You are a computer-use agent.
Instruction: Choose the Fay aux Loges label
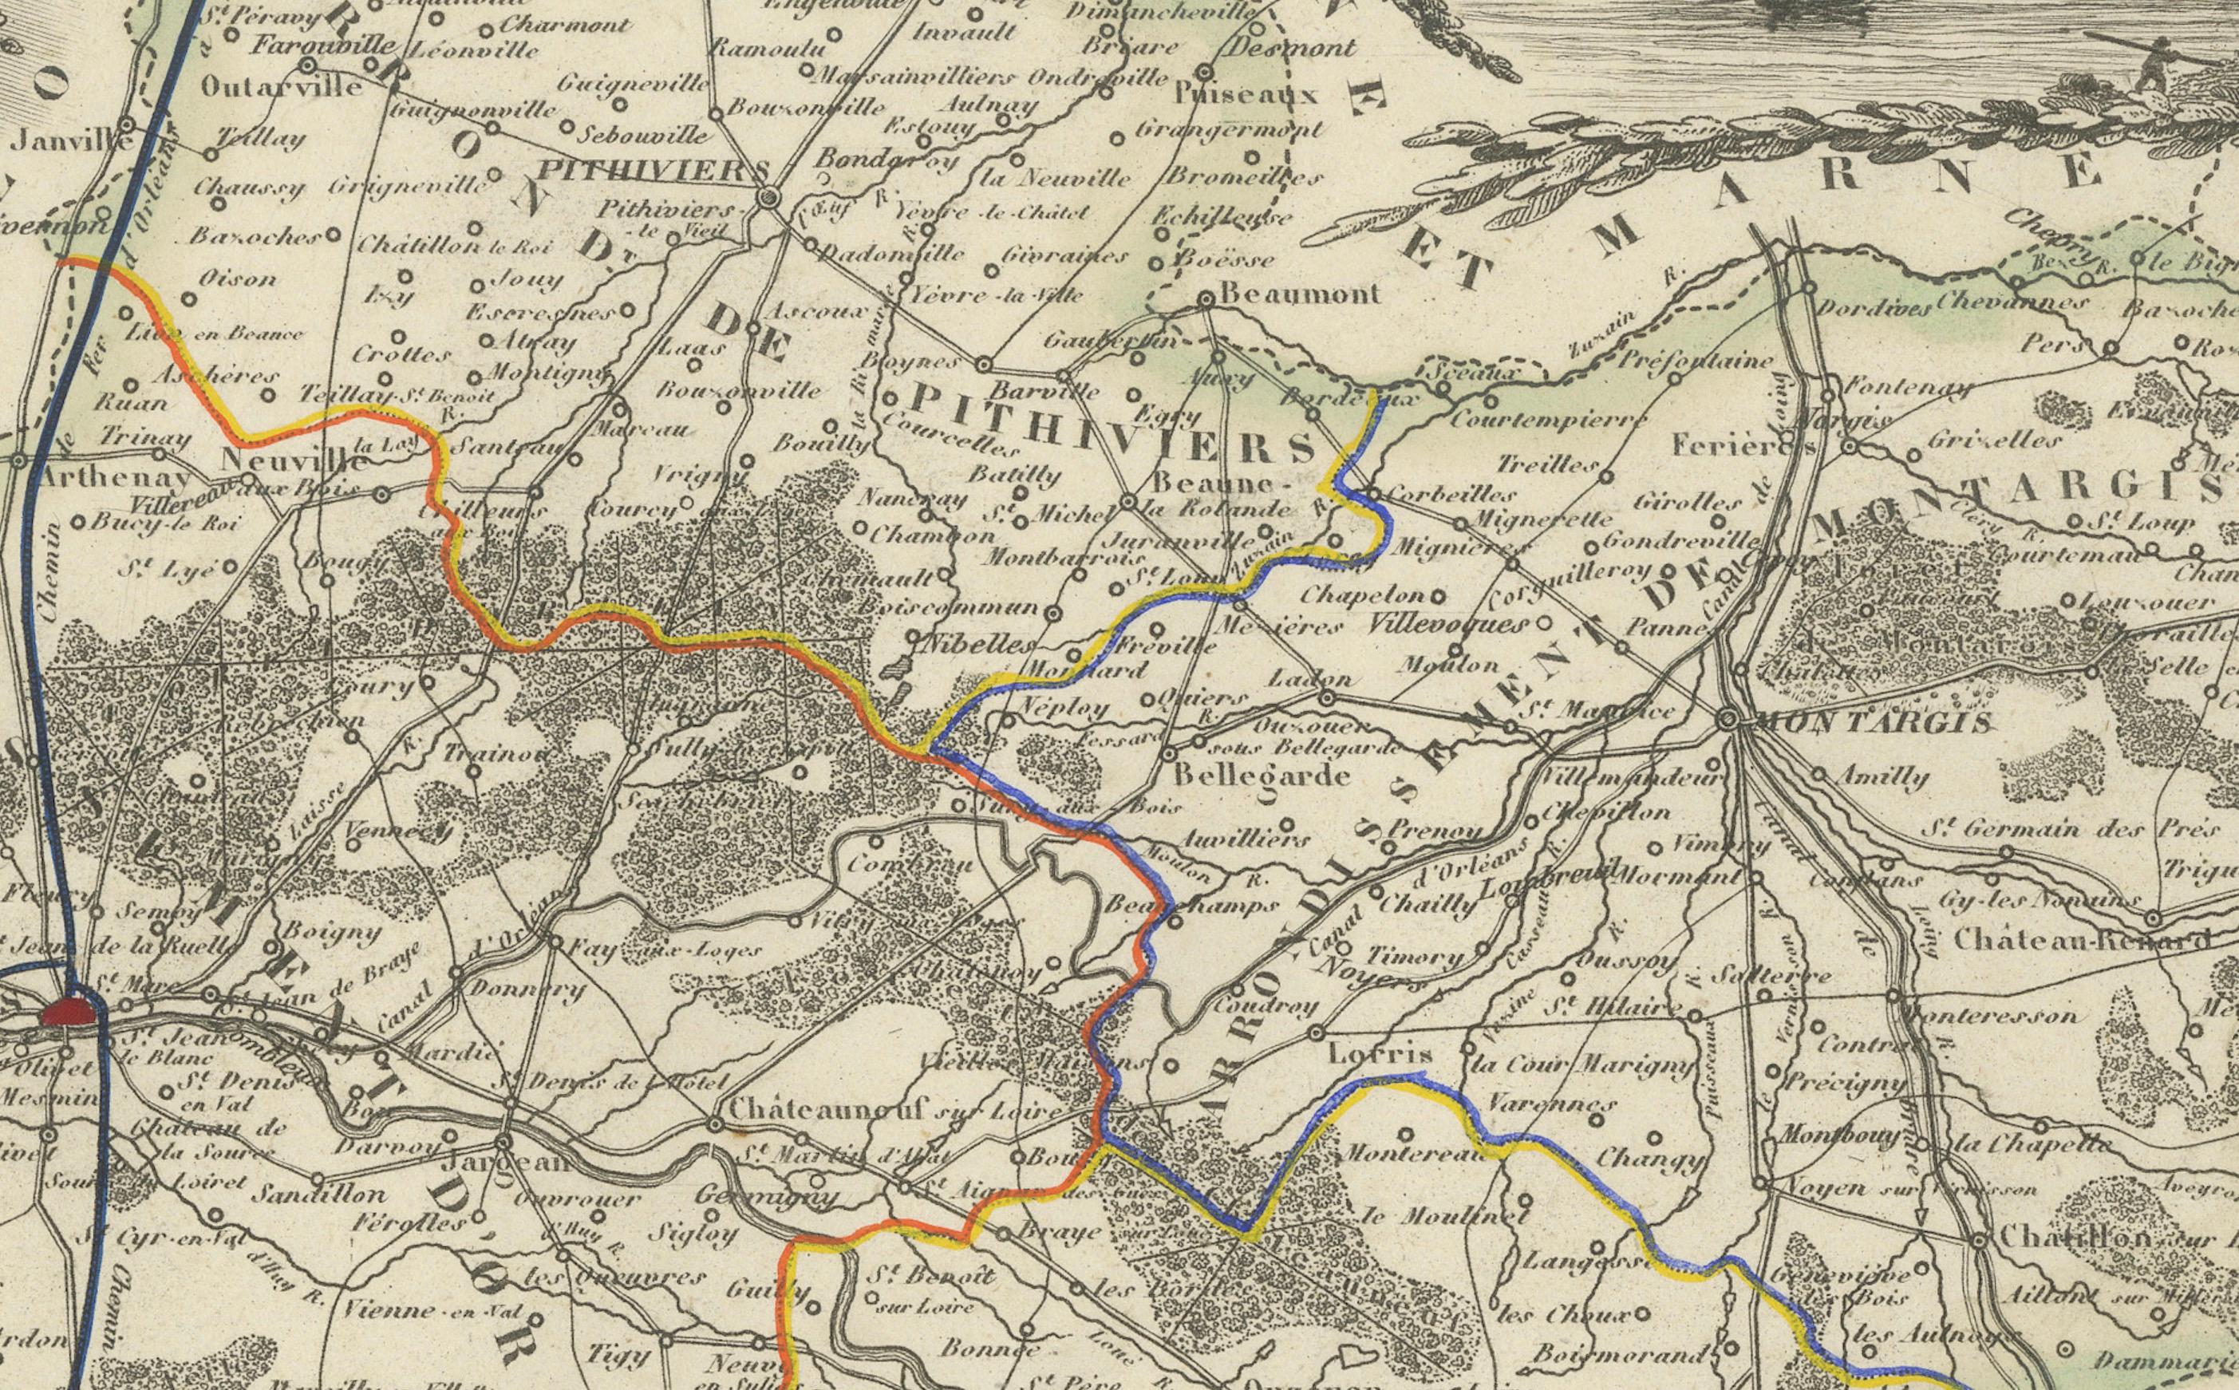[x=661, y=949]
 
